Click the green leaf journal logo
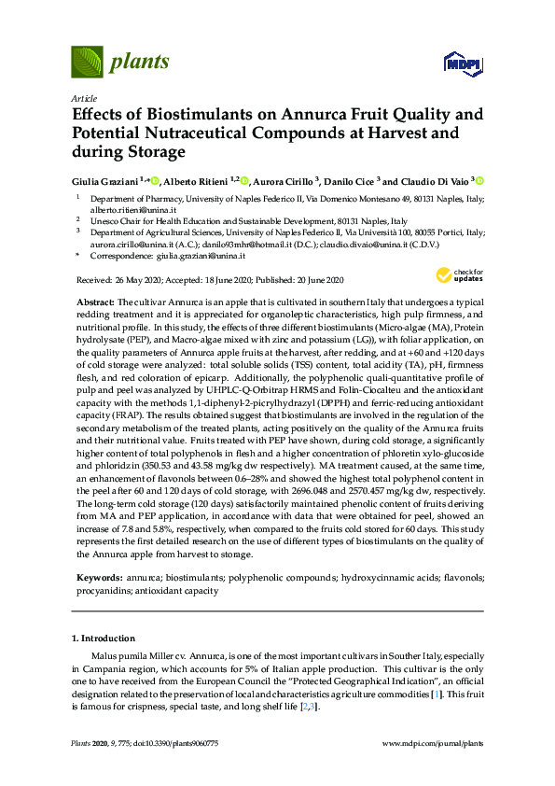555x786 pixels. pos(87,62)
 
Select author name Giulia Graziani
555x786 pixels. pos(104,180)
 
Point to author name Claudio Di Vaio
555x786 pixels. pos(437,180)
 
